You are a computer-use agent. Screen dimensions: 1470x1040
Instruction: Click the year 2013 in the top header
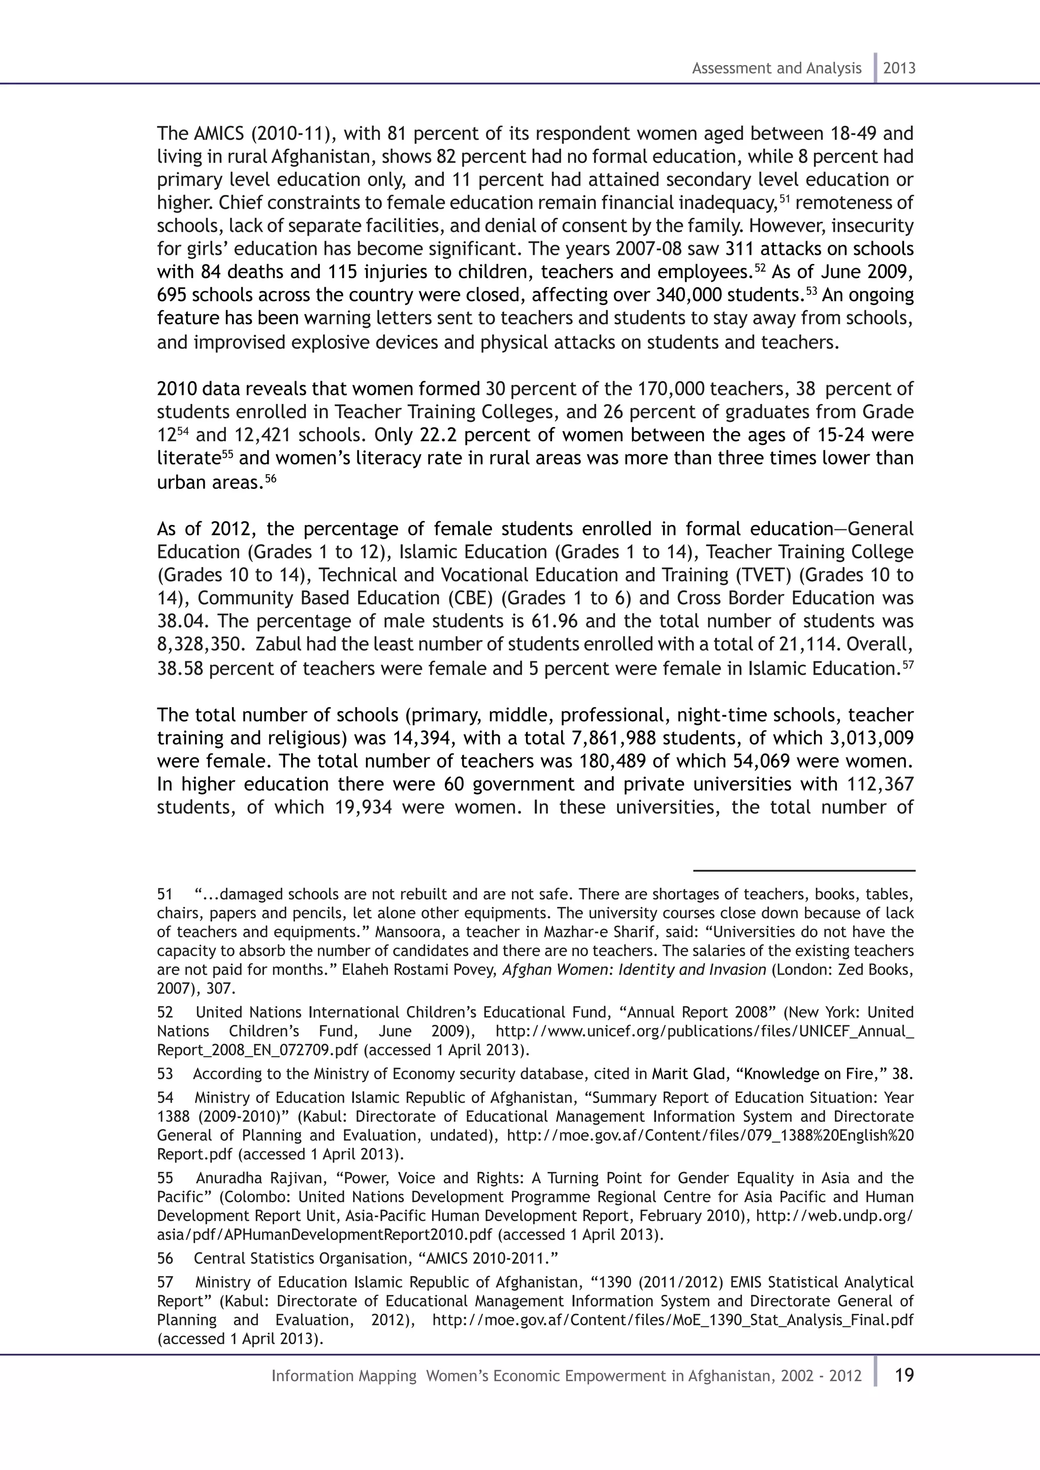pos(899,69)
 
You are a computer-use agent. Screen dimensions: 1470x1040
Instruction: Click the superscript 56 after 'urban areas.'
pos(271,477)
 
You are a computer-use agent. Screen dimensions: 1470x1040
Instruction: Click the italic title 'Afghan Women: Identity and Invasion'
pos(634,970)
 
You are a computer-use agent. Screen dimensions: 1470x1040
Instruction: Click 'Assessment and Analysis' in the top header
pos(776,69)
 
